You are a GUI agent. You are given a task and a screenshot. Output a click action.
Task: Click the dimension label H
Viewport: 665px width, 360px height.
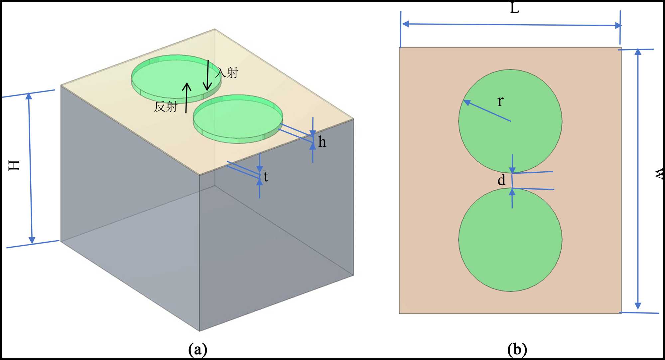click(x=14, y=165)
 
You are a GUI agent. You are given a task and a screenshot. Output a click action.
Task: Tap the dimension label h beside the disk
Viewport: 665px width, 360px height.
click(x=322, y=142)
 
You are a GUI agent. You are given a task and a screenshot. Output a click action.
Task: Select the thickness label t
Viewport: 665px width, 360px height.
click(x=266, y=177)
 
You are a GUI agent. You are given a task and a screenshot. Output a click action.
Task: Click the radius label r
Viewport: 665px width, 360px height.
click(x=500, y=101)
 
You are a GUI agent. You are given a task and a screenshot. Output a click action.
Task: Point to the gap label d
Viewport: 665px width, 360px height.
click(x=501, y=180)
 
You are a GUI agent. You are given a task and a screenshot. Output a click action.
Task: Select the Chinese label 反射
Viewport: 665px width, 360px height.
click(x=166, y=107)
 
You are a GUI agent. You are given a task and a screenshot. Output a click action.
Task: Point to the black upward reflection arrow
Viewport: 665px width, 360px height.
click(x=187, y=98)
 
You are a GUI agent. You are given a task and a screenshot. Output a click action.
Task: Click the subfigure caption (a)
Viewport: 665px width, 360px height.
click(x=198, y=350)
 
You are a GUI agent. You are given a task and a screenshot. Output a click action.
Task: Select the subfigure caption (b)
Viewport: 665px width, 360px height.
click(x=517, y=350)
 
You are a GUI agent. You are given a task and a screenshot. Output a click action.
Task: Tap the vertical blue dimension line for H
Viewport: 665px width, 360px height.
click(x=31, y=168)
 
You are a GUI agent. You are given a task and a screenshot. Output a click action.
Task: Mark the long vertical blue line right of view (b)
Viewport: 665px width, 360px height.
click(x=638, y=180)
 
